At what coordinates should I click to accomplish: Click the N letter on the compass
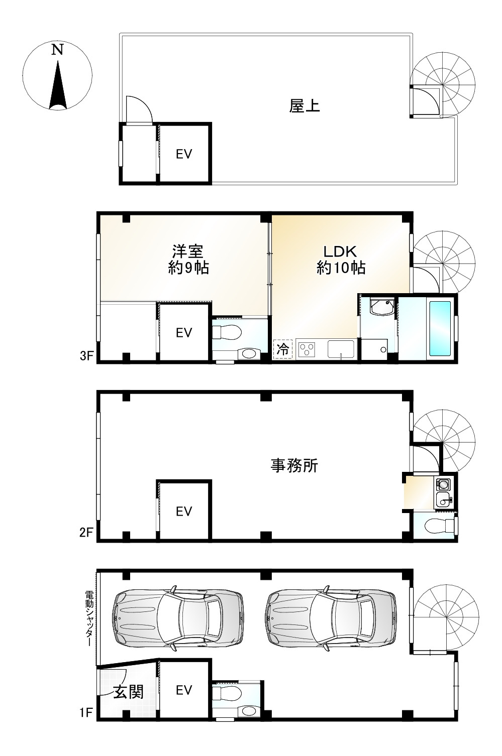58,50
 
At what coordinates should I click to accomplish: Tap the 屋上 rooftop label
305,106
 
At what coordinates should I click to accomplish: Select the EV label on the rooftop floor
184,154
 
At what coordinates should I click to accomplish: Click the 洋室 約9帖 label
188,259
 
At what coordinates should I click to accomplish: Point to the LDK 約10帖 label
340,259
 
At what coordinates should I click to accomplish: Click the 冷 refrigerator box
283,349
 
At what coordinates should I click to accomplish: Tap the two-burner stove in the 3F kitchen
306,349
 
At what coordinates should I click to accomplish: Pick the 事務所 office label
294,466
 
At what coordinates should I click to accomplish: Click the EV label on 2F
184,511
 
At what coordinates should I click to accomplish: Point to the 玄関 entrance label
128,692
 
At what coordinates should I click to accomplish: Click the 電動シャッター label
89,617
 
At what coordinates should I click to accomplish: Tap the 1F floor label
86,712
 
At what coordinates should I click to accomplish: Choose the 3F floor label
86,356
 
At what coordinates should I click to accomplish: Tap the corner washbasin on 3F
380,307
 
